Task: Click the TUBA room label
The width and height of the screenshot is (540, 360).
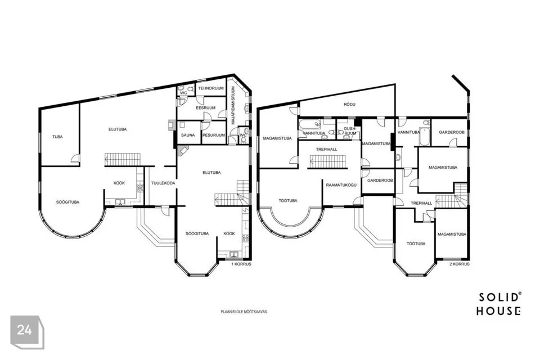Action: [57, 137]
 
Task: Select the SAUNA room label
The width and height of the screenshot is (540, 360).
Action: [188, 135]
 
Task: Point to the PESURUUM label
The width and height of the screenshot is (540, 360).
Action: [214, 135]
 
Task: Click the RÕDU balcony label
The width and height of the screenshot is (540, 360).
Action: [349, 105]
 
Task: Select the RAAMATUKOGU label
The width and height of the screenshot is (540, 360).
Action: [341, 184]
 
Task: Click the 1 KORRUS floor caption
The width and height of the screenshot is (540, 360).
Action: [242, 263]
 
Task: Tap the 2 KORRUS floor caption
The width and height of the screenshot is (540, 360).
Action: [459, 263]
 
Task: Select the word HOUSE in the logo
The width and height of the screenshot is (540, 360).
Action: [498, 310]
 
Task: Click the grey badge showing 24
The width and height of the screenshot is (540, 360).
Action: [25, 331]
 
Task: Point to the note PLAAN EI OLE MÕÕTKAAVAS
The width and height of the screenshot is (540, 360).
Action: [243, 311]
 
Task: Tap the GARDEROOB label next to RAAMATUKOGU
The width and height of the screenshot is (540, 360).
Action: [380, 181]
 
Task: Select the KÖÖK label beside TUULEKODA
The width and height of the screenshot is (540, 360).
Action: [119, 183]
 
